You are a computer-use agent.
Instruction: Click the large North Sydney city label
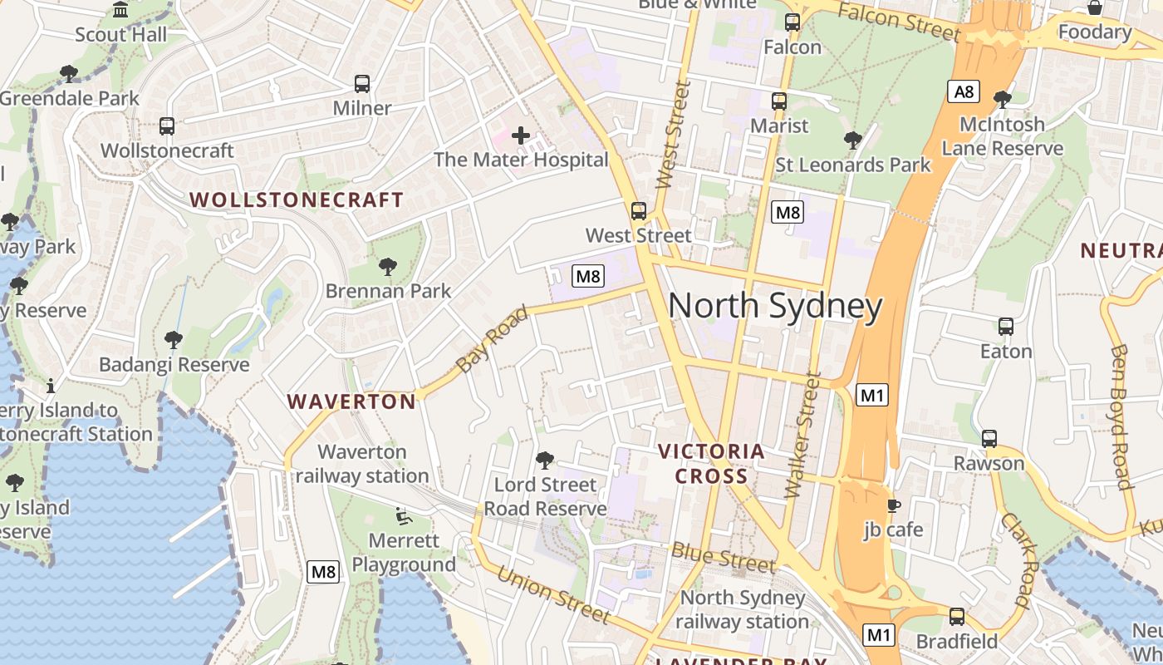774,306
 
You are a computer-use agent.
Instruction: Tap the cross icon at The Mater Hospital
521,135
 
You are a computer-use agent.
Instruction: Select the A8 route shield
964,91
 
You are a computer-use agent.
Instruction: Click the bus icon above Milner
362,83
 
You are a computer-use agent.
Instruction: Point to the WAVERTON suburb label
351,401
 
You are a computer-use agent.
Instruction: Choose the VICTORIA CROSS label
711,464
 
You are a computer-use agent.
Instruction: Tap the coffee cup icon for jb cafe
894,505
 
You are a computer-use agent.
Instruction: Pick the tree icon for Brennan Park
387,266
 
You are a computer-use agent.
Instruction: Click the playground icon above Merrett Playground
404,516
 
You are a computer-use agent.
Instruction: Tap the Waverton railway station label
362,464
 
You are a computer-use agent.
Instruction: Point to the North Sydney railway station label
742,609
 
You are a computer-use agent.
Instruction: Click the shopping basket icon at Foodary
1095,7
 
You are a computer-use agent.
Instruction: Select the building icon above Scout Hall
120,10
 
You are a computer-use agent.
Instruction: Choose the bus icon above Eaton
1006,326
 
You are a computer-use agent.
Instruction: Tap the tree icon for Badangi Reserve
174,339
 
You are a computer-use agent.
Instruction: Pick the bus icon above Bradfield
957,616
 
